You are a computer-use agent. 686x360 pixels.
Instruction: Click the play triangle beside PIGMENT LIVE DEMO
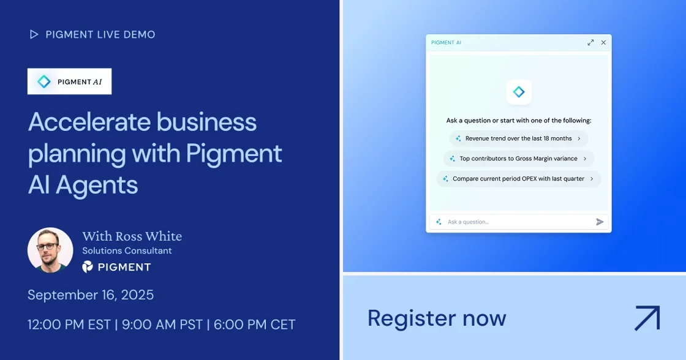point(34,34)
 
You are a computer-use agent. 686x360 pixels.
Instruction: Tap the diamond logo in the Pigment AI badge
point(43,81)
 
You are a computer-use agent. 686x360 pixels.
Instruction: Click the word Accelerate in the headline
point(89,122)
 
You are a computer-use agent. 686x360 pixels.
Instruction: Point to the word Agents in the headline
point(97,186)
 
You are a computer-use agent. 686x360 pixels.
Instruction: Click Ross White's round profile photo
point(50,250)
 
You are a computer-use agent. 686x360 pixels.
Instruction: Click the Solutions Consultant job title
point(127,250)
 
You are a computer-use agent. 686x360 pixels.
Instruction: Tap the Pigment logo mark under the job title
point(88,267)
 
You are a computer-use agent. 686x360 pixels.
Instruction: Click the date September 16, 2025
point(91,295)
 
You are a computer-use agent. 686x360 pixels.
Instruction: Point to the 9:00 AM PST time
point(162,324)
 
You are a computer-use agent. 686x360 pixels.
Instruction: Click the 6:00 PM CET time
point(255,324)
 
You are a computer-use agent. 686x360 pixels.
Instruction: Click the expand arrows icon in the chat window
point(590,42)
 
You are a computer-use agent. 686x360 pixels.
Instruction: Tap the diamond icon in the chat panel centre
point(519,92)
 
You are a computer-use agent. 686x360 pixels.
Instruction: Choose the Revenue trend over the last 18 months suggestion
point(518,138)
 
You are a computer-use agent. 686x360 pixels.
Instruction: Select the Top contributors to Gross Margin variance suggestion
point(518,159)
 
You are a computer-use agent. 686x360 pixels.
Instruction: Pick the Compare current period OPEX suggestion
point(518,179)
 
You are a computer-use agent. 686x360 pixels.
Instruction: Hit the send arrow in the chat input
point(600,222)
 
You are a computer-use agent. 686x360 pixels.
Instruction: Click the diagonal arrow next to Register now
point(647,318)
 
